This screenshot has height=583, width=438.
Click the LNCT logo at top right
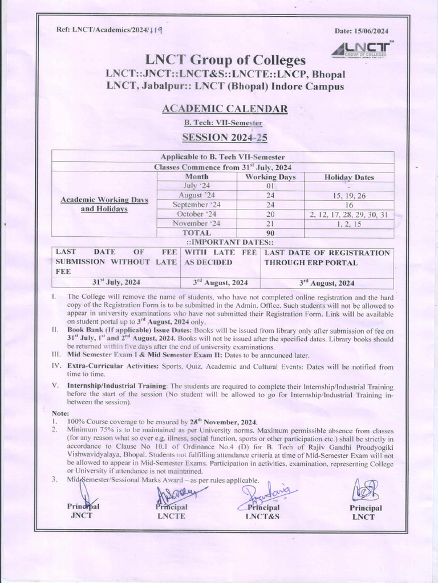point(361,50)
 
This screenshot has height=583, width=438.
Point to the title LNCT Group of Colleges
point(225,60)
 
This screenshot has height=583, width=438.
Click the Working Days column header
point(270,177)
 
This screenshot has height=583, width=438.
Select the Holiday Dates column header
point(349,177)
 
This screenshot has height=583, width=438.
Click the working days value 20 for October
point(270,214)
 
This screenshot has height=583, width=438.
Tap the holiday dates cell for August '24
point(348,195)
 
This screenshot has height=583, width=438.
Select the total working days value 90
point(270,233)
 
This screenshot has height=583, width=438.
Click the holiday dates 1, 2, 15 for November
point(348,223)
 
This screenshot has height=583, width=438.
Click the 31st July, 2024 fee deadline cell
point(116,282)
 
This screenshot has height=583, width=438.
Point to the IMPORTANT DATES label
point(223,241)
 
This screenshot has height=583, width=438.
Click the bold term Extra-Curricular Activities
point(113,367)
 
